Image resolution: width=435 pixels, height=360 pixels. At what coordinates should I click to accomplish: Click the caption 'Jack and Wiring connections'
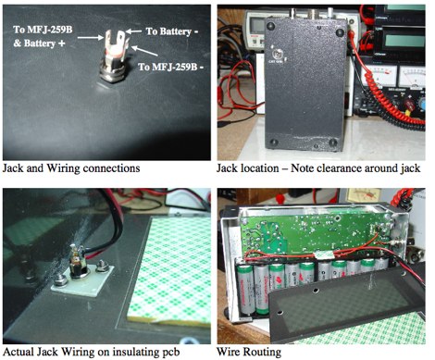[72, 168]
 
